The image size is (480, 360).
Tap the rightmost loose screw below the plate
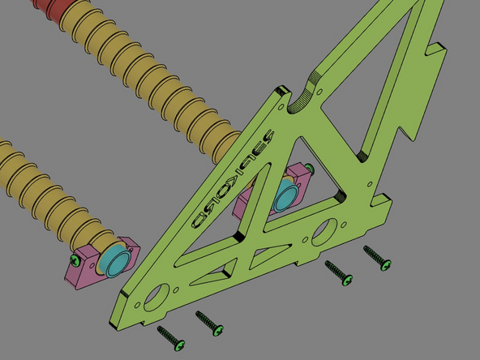pos(377,258)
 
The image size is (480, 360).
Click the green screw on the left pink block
pos(75,260)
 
